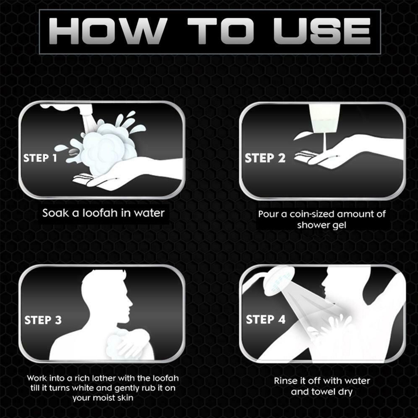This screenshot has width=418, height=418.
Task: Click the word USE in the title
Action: pyautogui.click(x=322, y=31)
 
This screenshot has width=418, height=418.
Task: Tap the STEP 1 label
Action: pyautogui.click(x=40, y=158)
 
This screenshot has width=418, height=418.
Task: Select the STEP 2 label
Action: pyautogui.click(x=265, y=158)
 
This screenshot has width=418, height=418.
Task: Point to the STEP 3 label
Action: pyautogui.click(x=43, y=320)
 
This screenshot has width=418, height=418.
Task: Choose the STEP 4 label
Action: pyautogui.click(x=265, y=319)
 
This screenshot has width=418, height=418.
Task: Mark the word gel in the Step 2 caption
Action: pyautogui.click(x=340, y=226)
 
